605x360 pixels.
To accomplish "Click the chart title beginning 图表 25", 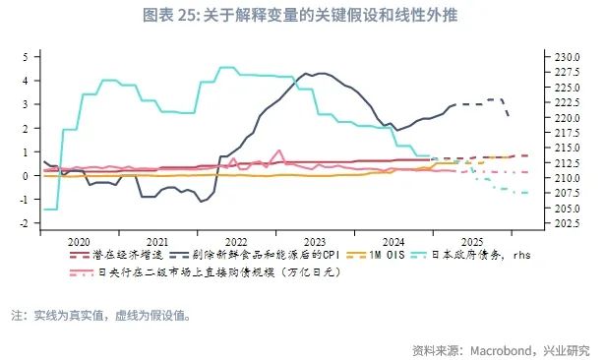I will (302, 17).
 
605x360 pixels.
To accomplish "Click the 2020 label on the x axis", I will (79, 241).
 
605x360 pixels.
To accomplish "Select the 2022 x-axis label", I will (236, 241).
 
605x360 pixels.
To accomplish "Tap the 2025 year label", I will (472, 241).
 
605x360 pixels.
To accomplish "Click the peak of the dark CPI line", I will (305, 73).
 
